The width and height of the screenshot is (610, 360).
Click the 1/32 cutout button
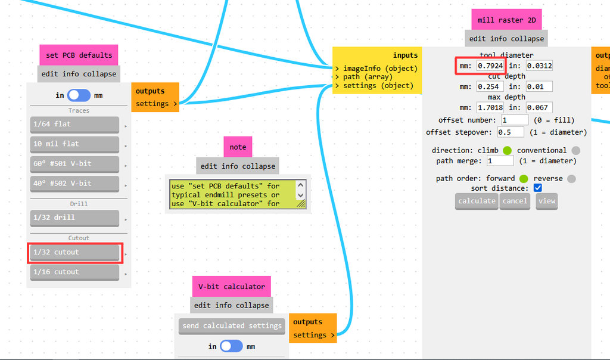pos(74,253)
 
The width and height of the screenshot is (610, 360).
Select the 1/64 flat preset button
pos(74,125)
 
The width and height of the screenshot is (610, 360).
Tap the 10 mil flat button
pos(74,144)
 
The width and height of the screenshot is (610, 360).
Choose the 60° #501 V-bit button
pos(74,164)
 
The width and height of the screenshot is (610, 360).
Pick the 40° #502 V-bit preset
pos(74,184)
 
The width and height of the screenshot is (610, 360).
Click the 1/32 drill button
pos(74,218)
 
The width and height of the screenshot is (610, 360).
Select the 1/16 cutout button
pos(74,272)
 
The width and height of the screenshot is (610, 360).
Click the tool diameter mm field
pos(490,66)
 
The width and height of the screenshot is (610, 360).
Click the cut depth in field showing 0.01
pos(539,86)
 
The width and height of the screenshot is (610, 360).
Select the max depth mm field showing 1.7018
pos(490,108)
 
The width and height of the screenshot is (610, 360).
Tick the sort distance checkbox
pos(538,188)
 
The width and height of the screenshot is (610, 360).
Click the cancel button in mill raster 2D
pos(515,201)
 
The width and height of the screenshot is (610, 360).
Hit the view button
pos(546,201)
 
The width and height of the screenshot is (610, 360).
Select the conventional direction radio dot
pos(575,151)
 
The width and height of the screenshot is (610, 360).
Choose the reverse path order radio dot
pos(571,179)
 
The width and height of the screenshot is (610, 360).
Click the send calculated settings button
pos(232,326)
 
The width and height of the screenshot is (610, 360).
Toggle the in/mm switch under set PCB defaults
pos(79,95)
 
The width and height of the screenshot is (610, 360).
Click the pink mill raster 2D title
pos(507,20)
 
